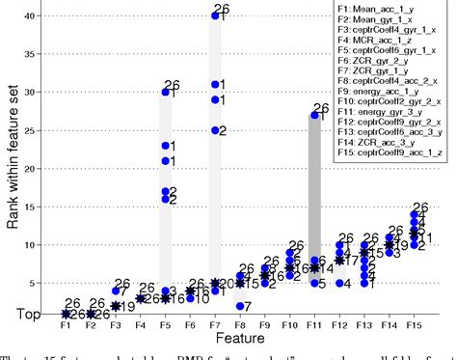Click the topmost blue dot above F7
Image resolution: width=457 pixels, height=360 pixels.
[215, 15]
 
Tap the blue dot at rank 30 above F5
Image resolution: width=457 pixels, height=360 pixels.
[166, 93]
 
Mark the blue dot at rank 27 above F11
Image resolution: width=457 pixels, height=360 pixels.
[315, 116]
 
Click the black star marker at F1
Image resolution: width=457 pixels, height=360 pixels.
[66, 314]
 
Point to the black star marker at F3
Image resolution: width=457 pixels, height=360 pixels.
[116, 305]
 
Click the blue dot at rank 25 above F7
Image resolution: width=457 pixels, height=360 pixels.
[215, 130]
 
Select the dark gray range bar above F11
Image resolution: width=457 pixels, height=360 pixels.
[314, 193]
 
